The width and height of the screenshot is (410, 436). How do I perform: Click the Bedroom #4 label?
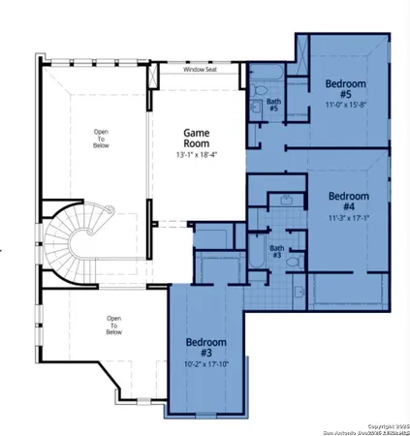(x=348, y=202)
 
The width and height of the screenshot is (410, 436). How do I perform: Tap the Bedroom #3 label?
(x=205, y=349)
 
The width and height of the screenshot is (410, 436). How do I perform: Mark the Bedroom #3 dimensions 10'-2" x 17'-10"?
(x=205, y=366)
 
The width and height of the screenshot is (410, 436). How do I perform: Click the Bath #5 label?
(x=273, y=104)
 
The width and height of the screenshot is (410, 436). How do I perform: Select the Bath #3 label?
(x=276, y=251)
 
